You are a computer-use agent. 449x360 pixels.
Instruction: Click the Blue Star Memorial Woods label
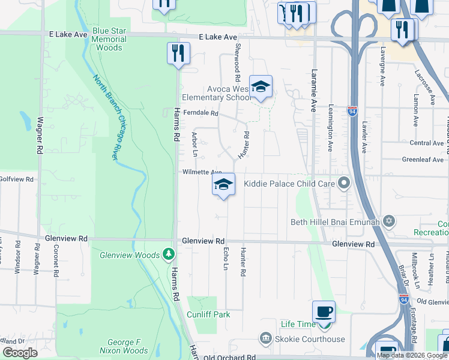(109, 39)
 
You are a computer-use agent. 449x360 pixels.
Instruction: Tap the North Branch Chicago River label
(104, 116)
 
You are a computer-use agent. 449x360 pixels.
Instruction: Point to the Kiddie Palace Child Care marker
(344, 183)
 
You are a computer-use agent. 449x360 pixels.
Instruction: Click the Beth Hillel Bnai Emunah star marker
(389, 222)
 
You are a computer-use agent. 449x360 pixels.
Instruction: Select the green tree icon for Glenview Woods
(170, 255)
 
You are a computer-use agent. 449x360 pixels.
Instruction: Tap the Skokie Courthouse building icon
(265, 339)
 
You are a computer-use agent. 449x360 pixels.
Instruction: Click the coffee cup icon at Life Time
(324, 312)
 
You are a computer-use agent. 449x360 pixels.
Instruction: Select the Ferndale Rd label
(200, 113)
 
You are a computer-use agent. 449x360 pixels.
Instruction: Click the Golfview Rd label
(16, 179)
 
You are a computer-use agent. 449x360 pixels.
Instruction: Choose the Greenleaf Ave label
(423, 160)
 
